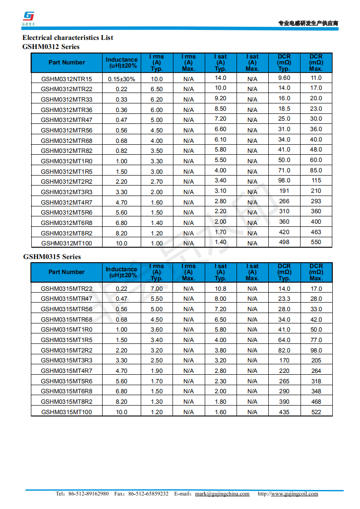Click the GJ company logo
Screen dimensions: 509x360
pyautogui.click(x=29, y=17)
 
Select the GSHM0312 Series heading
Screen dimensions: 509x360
pyautogui.click(x=51, y=46)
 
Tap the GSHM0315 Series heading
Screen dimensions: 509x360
pyautogui.click(x=52, y=256)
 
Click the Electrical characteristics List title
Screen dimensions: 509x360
pyautogui.click(x=68, y=38)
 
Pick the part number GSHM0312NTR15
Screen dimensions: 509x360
pyautogui.click(x=66, y=79)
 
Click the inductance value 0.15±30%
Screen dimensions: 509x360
pyautogui.click(x=121, y=79)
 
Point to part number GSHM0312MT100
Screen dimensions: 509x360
pyautogui.click(x=66, y=243)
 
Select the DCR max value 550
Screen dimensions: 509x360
pyautogui.click(x=316, y=242)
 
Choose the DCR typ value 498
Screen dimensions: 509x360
pyautogui.click(x=284, y=242)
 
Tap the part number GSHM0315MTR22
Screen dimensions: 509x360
pyautogui.click(x=66, y=289)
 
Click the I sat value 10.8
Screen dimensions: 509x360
pyautogui.click(x=220, y=289)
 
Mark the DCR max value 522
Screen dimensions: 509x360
pyautogui.click(x=316, y=412)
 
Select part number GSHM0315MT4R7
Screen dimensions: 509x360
pyautogui.click(x=66, y=371)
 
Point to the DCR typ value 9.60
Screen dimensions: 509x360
pyautogui.click(x=284, y=78)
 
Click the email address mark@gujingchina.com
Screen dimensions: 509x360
pyautogui.click(x=222, y=494)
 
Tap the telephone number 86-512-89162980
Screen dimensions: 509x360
pyautogui.click(x=89, y=494)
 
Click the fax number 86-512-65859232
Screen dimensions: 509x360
pyautogui.click(x=148, y=494)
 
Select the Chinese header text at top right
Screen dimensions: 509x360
pyautogui.click(x=308, y=24)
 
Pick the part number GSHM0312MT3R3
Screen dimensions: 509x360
pyautogui.click(x=66, y=192)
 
